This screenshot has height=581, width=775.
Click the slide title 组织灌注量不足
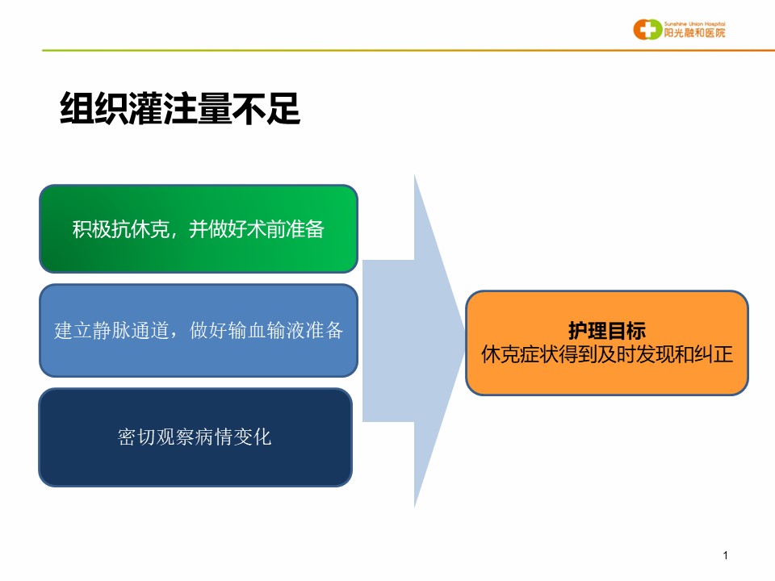[x=180, y=109]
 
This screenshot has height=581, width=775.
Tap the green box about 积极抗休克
[x=199, y=228]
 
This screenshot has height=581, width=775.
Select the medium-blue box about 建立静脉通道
[x=199, y=331]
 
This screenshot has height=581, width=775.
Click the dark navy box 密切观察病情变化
[x=195, y=437]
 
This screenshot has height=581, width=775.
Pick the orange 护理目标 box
[x=607, y=343]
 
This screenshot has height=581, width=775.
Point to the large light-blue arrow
[x=413, y=341]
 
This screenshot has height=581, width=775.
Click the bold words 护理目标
[x=607, y=331]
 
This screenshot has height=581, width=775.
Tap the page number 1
[x=726, y=555]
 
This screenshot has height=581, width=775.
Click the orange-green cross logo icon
[x=647, y=29]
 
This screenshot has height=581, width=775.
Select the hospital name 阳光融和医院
[x=694, y=32]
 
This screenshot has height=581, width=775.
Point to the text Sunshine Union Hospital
[x=694, y=23]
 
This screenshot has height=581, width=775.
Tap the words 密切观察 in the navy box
[x=156, y=437]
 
